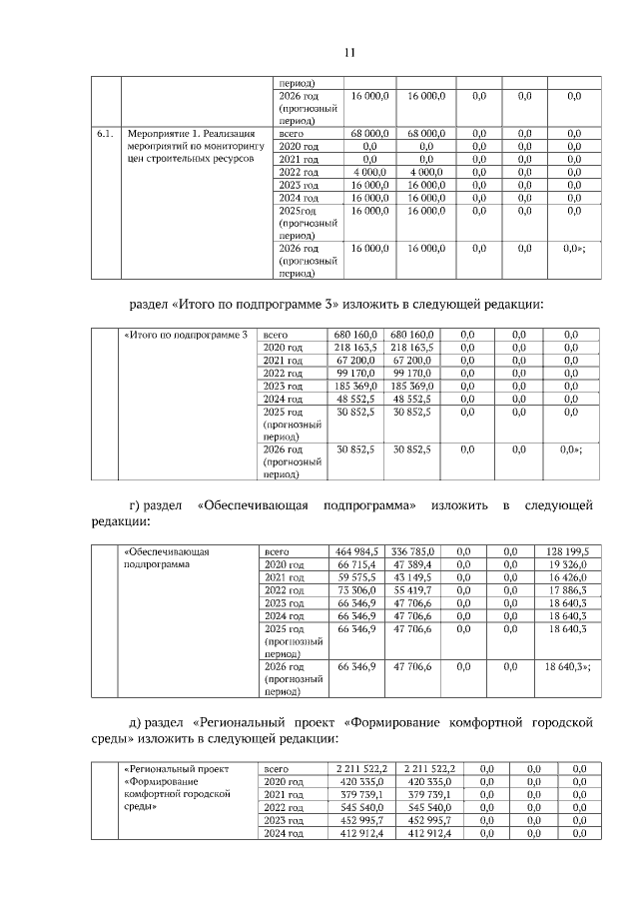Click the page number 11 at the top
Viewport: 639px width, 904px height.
coord(320,52)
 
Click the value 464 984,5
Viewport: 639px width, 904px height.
coord(357,550)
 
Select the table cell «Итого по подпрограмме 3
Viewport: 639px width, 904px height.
coord(185,334)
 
